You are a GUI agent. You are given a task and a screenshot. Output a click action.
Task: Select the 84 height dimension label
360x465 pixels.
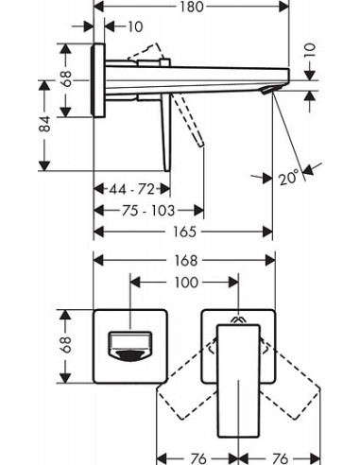point(45,124)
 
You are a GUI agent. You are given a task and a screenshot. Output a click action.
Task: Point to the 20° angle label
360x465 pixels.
point(288,176)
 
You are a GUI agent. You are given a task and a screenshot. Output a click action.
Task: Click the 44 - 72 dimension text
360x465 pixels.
point(132,190)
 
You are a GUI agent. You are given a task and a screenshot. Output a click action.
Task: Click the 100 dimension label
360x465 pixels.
point(185,282)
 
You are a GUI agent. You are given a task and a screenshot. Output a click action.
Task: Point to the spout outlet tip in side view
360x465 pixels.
point(271,90)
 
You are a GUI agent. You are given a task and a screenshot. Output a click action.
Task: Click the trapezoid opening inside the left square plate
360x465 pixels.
point(127,345)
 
